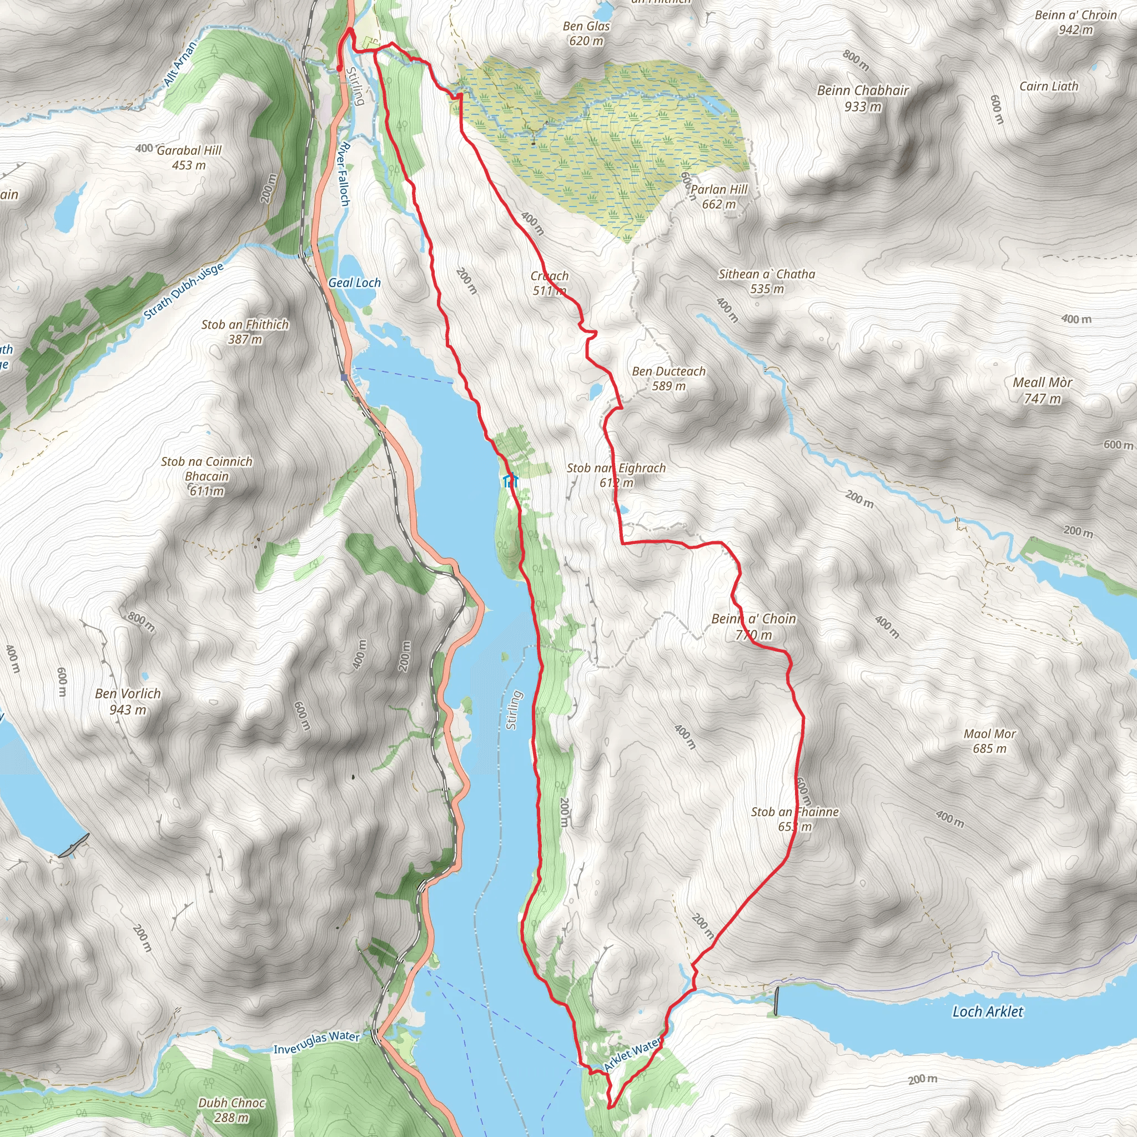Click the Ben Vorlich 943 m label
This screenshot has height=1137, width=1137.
tap(128, 702)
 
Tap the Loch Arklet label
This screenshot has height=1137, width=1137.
tap(988, 1012)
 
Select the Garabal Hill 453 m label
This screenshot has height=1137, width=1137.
tap(189, 158)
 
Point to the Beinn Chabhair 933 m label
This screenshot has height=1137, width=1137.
tap(863, 98)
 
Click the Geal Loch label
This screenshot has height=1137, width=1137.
tap(354, 283)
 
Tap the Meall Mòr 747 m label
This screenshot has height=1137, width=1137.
tap(1042, 390)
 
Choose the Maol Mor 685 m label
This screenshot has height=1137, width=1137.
tap(989, 741)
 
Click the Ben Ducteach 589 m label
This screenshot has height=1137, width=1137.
tap(668, 379)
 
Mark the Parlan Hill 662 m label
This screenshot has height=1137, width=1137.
tap(718, 197)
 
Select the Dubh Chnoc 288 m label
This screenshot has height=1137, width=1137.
tap(232, 1110)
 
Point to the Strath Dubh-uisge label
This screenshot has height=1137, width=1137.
tap(184, 292)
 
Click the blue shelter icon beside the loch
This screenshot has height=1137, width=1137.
tap(510, 481)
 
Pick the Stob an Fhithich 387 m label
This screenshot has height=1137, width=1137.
tap(245, 331)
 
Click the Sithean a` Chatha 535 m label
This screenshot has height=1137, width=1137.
tap(767, 281)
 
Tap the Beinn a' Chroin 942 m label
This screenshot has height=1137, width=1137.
tap(1075, 22)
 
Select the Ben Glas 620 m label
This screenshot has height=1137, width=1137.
tap(586, 33)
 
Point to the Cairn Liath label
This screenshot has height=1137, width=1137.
tap(1049, 87)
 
